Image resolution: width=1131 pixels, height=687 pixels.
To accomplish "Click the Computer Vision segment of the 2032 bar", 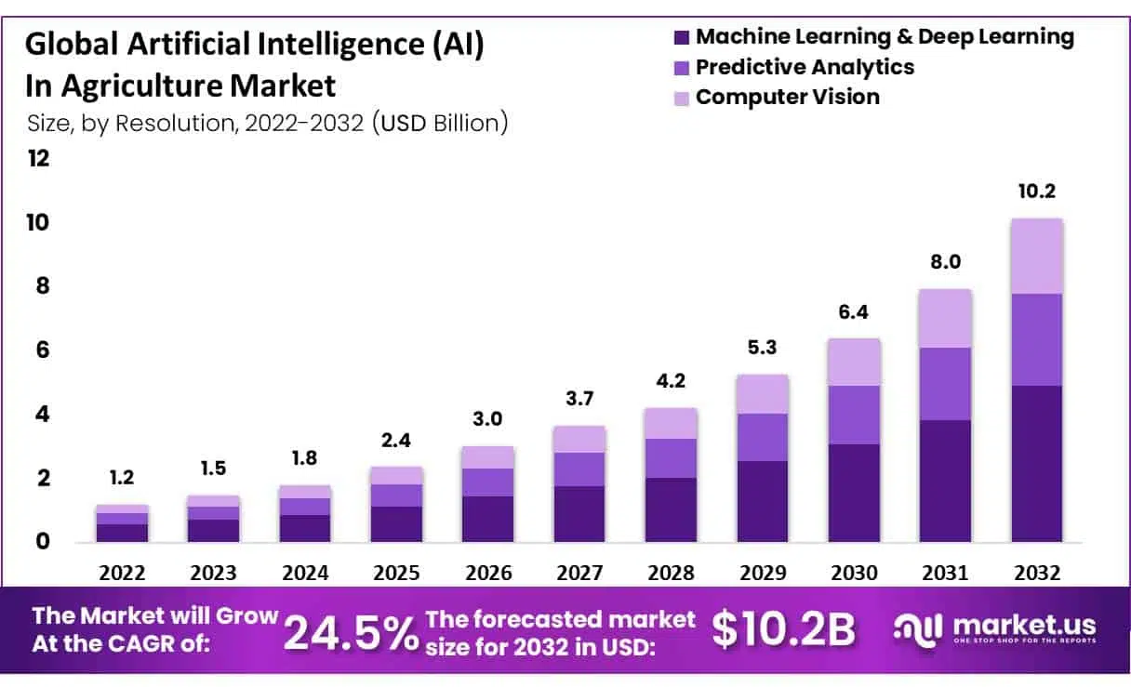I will [x=1036, y=256].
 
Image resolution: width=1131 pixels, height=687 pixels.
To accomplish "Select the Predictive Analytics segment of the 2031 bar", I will [x=945, y=383].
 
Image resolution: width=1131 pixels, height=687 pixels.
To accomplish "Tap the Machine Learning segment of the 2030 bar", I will [x=854, y=493].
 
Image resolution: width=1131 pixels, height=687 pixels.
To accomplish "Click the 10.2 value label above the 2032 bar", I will [x=1037, y=192].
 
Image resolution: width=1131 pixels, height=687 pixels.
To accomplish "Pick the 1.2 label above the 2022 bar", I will [x=122, y=478].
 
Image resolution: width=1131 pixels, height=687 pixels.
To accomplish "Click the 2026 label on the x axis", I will [x=487, y=573].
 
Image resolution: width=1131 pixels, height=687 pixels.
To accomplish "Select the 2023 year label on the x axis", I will [x=213, y=573].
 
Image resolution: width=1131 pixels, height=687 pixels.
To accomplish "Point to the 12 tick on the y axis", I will [x=38, y=158].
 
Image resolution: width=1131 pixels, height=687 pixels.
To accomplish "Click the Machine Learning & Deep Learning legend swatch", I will [x=682, y=38].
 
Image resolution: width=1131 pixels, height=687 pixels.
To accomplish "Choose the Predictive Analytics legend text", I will [x=805, y=67].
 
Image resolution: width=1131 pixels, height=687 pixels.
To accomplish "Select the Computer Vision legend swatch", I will [x=682, y=98].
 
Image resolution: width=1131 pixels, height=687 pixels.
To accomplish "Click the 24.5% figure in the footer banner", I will [x=351, y=632].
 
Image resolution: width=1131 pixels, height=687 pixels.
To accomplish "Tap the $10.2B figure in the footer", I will [x=783, y=630].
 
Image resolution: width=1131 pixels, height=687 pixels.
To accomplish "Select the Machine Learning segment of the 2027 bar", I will [x=579, y=513].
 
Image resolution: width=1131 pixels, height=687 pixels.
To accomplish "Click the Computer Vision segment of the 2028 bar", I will [x=670, y=423].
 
